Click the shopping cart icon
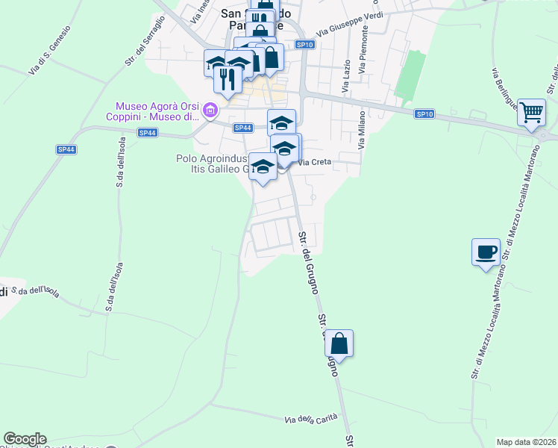[532, 113]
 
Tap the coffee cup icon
[486, 252]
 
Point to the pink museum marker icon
[210, 112]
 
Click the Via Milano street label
[362, 131]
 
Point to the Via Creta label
[314, 162]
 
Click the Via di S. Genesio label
[50, 49]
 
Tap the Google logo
[25, 439]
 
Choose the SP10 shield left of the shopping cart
[424, 113]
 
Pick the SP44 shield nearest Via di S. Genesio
[66, 149]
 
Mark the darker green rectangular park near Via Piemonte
[407, 75]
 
